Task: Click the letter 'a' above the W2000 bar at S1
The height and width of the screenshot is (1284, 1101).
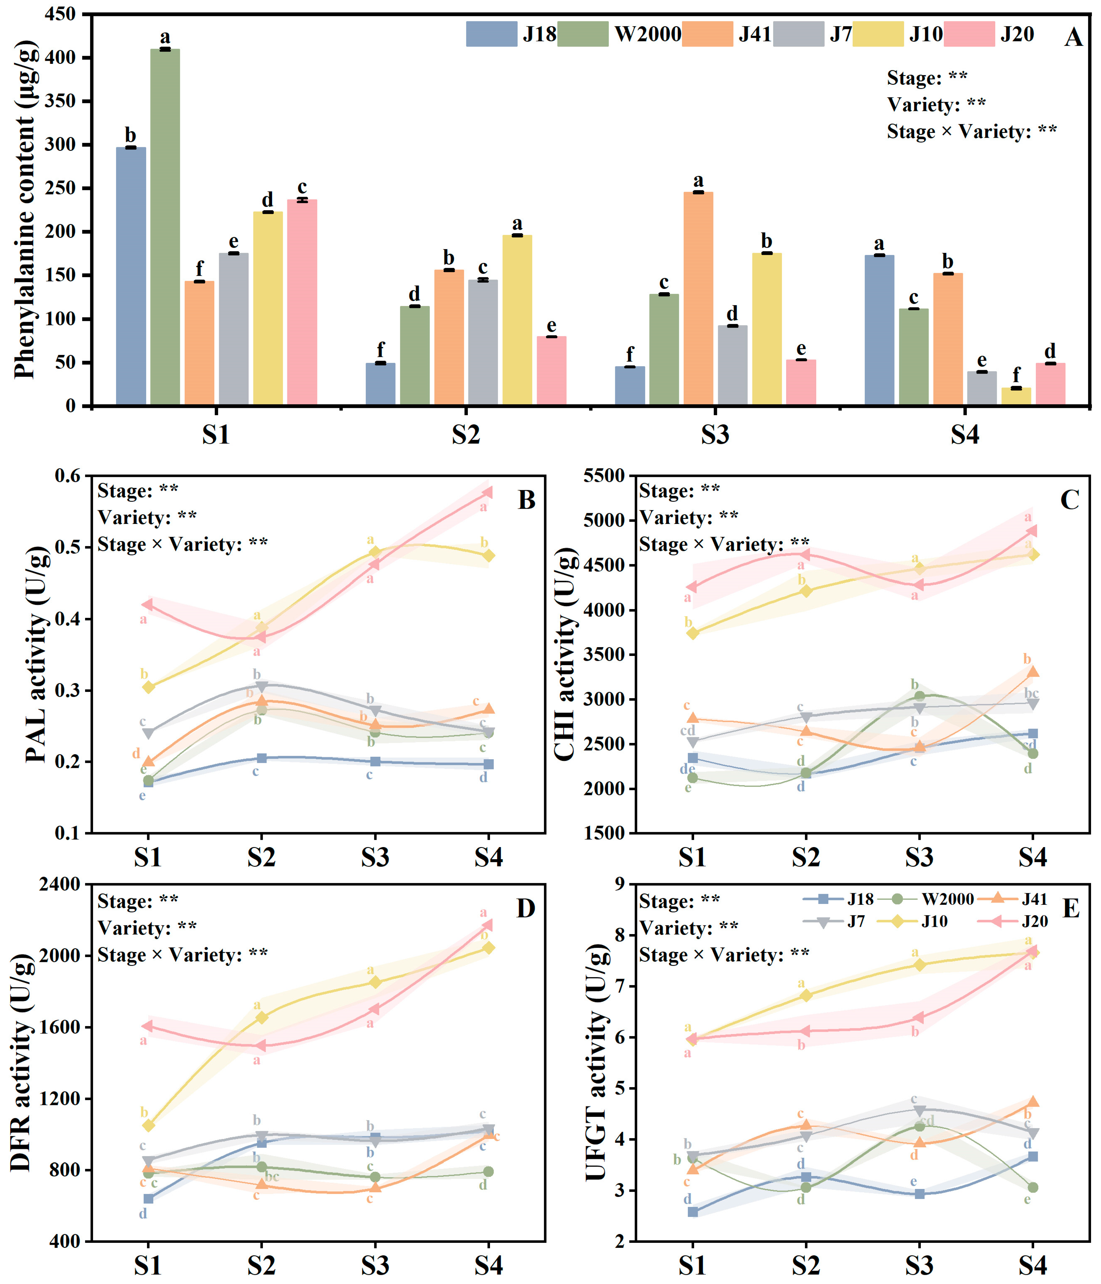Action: [x=165, y=37]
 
